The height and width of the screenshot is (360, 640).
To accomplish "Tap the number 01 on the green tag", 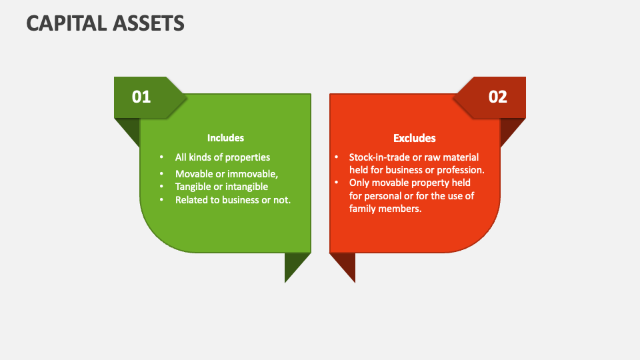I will pos(141,97).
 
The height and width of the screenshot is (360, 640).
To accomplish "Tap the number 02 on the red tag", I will pos(498,97).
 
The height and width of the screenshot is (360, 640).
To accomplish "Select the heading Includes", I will pos(225,138).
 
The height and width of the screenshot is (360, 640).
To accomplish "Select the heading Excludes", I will pos(414,138).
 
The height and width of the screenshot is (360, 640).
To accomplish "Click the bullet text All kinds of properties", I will pos(222,157).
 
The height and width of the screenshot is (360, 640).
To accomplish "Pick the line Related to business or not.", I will pos(233,200).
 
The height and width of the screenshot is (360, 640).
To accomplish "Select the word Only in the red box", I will pos(360,183).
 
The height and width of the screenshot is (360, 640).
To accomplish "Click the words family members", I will pos(385,208).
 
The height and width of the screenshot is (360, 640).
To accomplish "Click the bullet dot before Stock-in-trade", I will pos(337,157).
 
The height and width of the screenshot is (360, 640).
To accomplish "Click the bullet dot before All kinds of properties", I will pos(161,157).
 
